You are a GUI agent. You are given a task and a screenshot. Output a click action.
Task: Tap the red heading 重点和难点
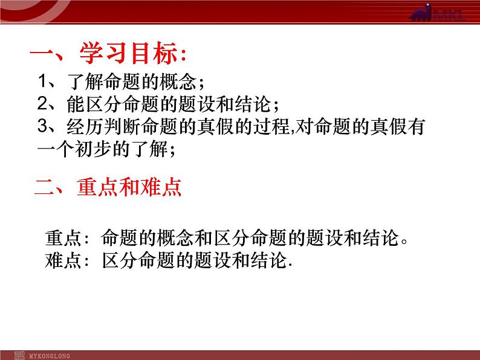(129, 187)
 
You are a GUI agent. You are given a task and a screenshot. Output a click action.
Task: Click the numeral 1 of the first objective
(41, 82)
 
